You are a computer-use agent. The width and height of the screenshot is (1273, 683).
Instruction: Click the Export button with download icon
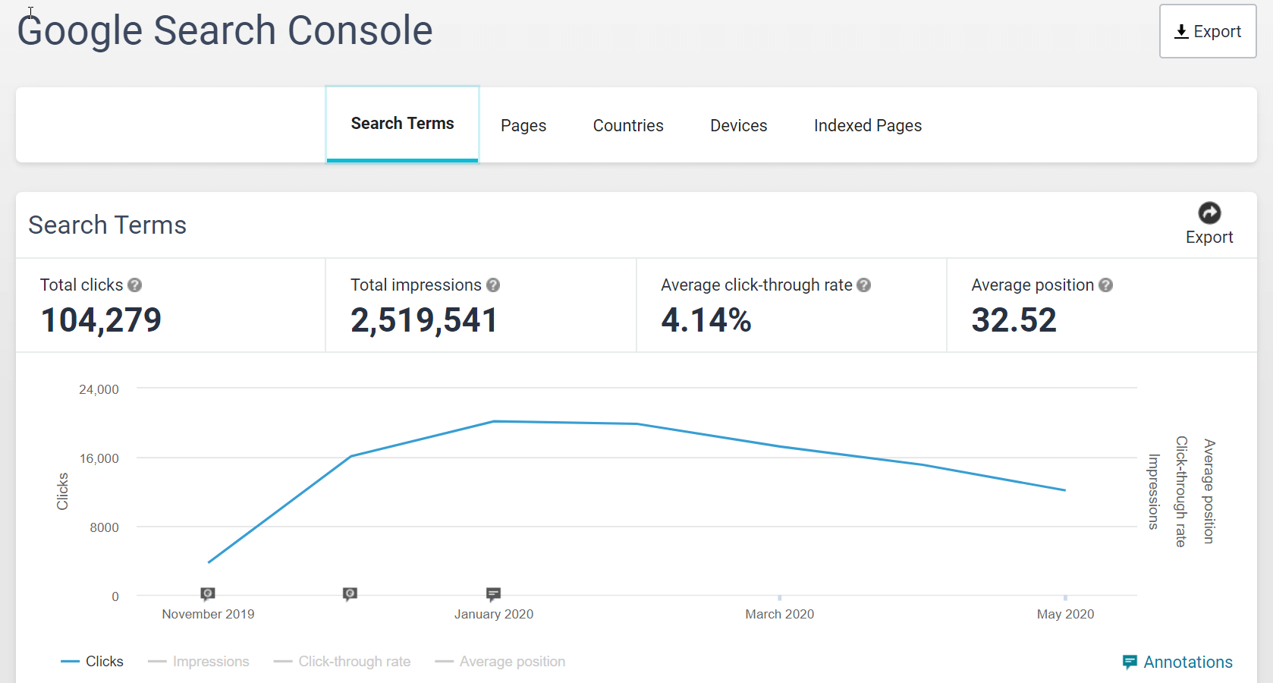pos(1207,32)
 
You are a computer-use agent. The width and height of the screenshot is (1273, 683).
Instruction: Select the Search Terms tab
pos(402,124)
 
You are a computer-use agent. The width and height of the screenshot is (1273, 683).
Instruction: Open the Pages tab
pos(523,126)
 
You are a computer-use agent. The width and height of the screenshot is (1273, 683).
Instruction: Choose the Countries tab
pos(628,126)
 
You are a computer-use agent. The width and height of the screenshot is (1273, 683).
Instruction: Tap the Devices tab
pos(738,126)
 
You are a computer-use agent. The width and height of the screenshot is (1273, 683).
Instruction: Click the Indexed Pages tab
pos(868,126)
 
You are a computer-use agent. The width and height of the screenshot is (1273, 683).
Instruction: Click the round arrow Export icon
pos(1209,213)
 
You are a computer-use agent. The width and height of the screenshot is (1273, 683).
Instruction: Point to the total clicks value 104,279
pos(101,320)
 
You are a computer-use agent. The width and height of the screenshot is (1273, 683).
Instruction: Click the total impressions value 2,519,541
pos(423,320)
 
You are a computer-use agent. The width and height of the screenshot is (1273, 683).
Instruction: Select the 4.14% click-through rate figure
pos(706,320)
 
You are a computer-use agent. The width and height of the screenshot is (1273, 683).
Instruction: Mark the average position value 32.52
pos(1014,320)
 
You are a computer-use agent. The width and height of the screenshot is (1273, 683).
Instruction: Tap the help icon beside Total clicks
pos(135,285)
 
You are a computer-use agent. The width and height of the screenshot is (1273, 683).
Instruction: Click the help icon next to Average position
pos(1105,285)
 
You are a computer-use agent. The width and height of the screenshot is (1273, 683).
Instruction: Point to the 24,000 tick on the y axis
pos(99,389)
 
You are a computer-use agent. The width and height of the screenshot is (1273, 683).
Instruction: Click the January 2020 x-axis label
pos(494,614)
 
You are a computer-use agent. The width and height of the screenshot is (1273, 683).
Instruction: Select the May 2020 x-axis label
pos(1065,614)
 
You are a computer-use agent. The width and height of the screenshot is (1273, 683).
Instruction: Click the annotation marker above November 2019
pos(208,593)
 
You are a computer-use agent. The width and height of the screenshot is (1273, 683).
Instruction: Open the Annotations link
pos(1187,663)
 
